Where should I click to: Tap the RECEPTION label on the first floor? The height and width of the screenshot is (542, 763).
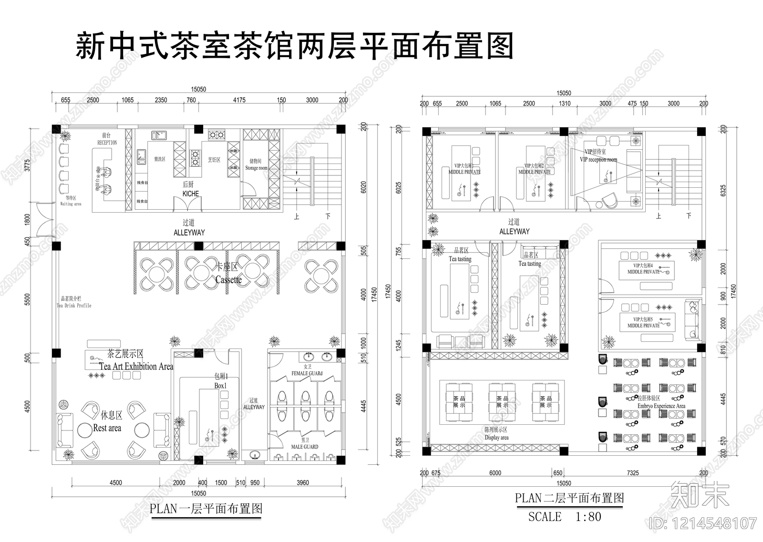(107, 143)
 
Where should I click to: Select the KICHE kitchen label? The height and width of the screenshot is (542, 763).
(190, 194)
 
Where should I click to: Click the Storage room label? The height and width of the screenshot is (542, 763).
(256, 168)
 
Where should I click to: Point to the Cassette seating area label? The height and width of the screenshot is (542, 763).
(228, 280)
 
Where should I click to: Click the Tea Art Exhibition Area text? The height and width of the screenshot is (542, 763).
(136, 366)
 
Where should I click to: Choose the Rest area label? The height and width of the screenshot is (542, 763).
(107, 428)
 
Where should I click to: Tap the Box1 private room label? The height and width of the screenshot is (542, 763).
(221, 386)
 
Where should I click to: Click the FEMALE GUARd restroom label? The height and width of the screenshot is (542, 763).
(307, 374)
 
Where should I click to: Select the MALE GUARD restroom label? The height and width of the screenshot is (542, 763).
(305, 447)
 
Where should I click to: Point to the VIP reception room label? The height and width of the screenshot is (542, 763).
(598, 160)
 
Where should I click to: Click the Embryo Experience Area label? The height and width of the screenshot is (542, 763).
(661, 406)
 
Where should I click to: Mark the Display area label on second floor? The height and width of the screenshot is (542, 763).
(496, 438)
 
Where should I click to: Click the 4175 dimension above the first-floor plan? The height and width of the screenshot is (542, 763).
(239, 100)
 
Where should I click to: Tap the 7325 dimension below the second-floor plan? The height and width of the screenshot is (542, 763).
(632, 473)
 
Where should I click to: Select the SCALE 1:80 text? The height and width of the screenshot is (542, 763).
(565, 517)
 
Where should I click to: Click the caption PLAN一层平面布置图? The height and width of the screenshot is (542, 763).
(206, 509)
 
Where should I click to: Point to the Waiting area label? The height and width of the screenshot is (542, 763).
(71, 204)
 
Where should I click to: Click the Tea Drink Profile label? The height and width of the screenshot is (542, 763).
(74, 306)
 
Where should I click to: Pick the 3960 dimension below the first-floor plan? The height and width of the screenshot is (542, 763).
(303, 482)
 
